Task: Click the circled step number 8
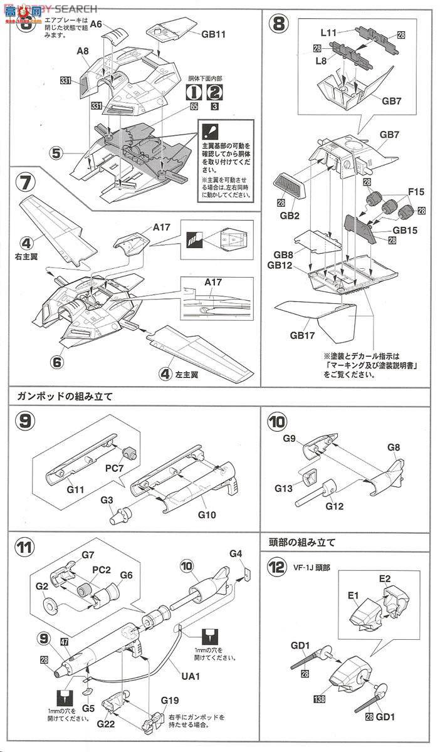coord(280,25)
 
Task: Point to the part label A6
coord(96,24)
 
